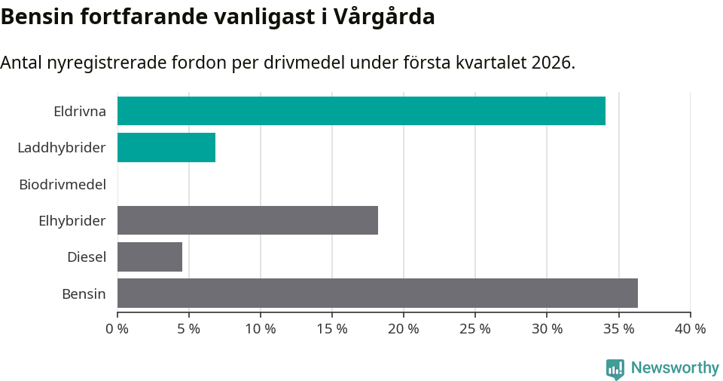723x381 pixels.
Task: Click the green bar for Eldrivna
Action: point(361,111)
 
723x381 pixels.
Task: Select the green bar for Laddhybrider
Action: point(166,147)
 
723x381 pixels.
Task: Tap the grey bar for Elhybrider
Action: point(248,220)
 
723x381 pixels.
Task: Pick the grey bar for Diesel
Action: point(150,257)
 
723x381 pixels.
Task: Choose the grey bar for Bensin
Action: point(377,293)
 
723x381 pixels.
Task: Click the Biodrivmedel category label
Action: point(63,184)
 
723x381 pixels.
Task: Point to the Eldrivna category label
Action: point(80,112)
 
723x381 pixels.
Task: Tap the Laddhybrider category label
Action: point(62,148)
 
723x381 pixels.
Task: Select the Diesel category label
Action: point(87,257)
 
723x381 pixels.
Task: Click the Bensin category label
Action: point(84,293)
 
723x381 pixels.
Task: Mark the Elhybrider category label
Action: point(72,221)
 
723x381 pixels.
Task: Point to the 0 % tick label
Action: point(117,329)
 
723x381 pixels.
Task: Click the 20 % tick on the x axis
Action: point(404,329)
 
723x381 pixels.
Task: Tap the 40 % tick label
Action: point(690,329)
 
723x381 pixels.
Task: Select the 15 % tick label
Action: point(332,329)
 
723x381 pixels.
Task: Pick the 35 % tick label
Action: point(618,329)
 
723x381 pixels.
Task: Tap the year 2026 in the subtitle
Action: point(551,63)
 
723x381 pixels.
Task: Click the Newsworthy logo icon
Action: point(615,368)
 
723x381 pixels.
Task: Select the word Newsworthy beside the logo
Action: point(675,368)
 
